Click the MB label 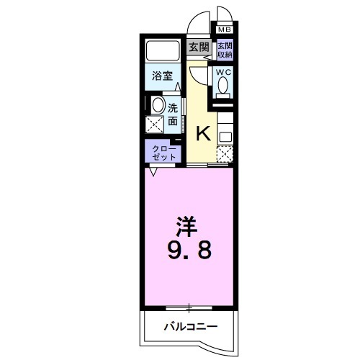point(224,30)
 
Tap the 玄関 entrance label point(199,48)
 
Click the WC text point(223,71)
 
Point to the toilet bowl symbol point(223,86)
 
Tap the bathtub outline point(165,53)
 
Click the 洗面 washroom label point(173,115)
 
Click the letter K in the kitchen point(204,132)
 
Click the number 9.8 point(189,251)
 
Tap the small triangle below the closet point(153,172)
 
